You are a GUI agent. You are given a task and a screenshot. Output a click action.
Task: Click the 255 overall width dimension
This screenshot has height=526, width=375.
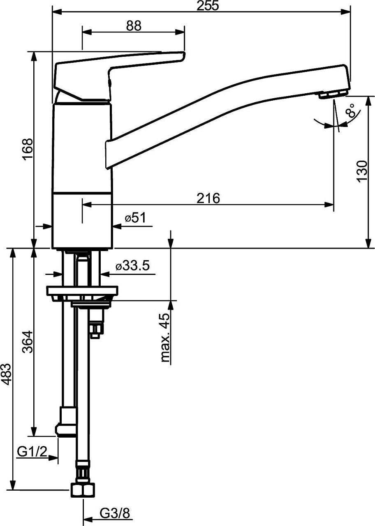pos(208,6)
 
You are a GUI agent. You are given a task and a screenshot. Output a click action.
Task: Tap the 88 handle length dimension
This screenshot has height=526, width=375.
pos(134,25)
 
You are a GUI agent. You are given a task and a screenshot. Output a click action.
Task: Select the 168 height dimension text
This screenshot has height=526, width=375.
pos(28,149)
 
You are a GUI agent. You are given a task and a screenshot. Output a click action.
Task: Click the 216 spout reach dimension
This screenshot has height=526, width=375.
pos(208,198)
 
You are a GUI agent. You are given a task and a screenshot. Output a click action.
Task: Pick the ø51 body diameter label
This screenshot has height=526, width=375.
pos(136,218)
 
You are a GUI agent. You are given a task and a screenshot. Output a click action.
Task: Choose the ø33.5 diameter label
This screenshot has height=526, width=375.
pos(132,265)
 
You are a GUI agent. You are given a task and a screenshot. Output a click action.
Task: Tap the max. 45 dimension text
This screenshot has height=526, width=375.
pos(165,338)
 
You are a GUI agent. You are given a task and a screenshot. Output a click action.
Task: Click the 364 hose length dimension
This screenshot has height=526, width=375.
pos(28,341)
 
